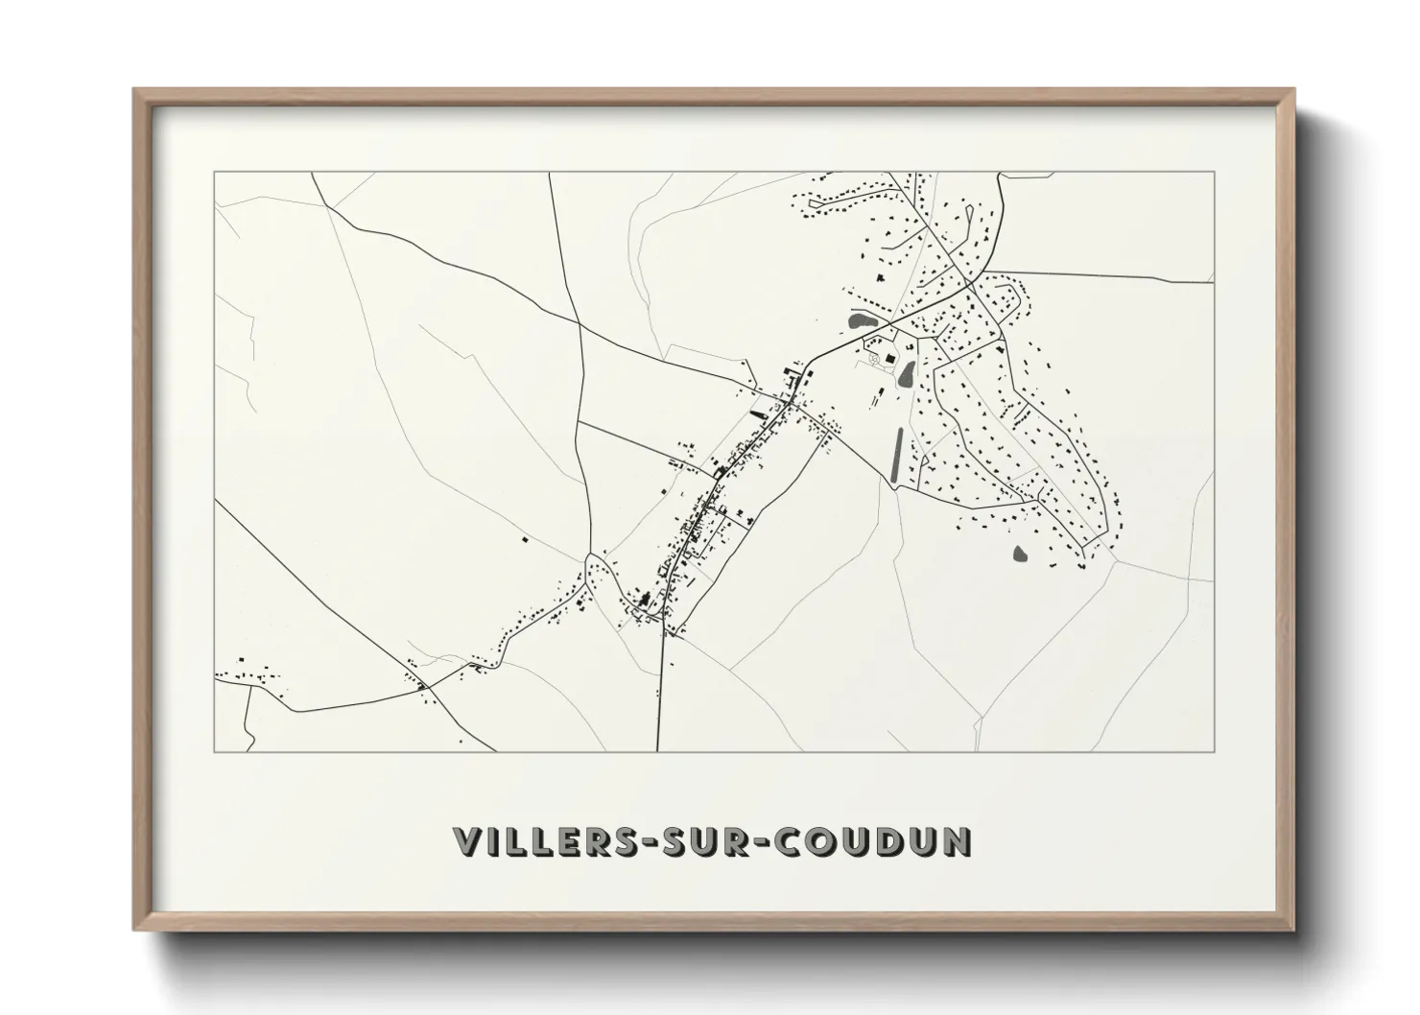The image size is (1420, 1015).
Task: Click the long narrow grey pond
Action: coord(898,455)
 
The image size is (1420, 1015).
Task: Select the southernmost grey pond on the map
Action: coord(1019,554)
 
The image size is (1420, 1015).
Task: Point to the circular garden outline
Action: coord(874,358)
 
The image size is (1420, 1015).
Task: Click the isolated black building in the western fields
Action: coord(525,539)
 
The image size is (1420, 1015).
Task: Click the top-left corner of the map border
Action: coord(214,172)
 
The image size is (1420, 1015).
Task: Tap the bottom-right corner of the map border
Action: coord(1215,751)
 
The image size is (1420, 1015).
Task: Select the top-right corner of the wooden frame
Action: coord(1294,89)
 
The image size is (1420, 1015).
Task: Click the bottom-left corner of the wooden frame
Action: coord(133,930)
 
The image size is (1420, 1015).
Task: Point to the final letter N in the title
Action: coord(958,841)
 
